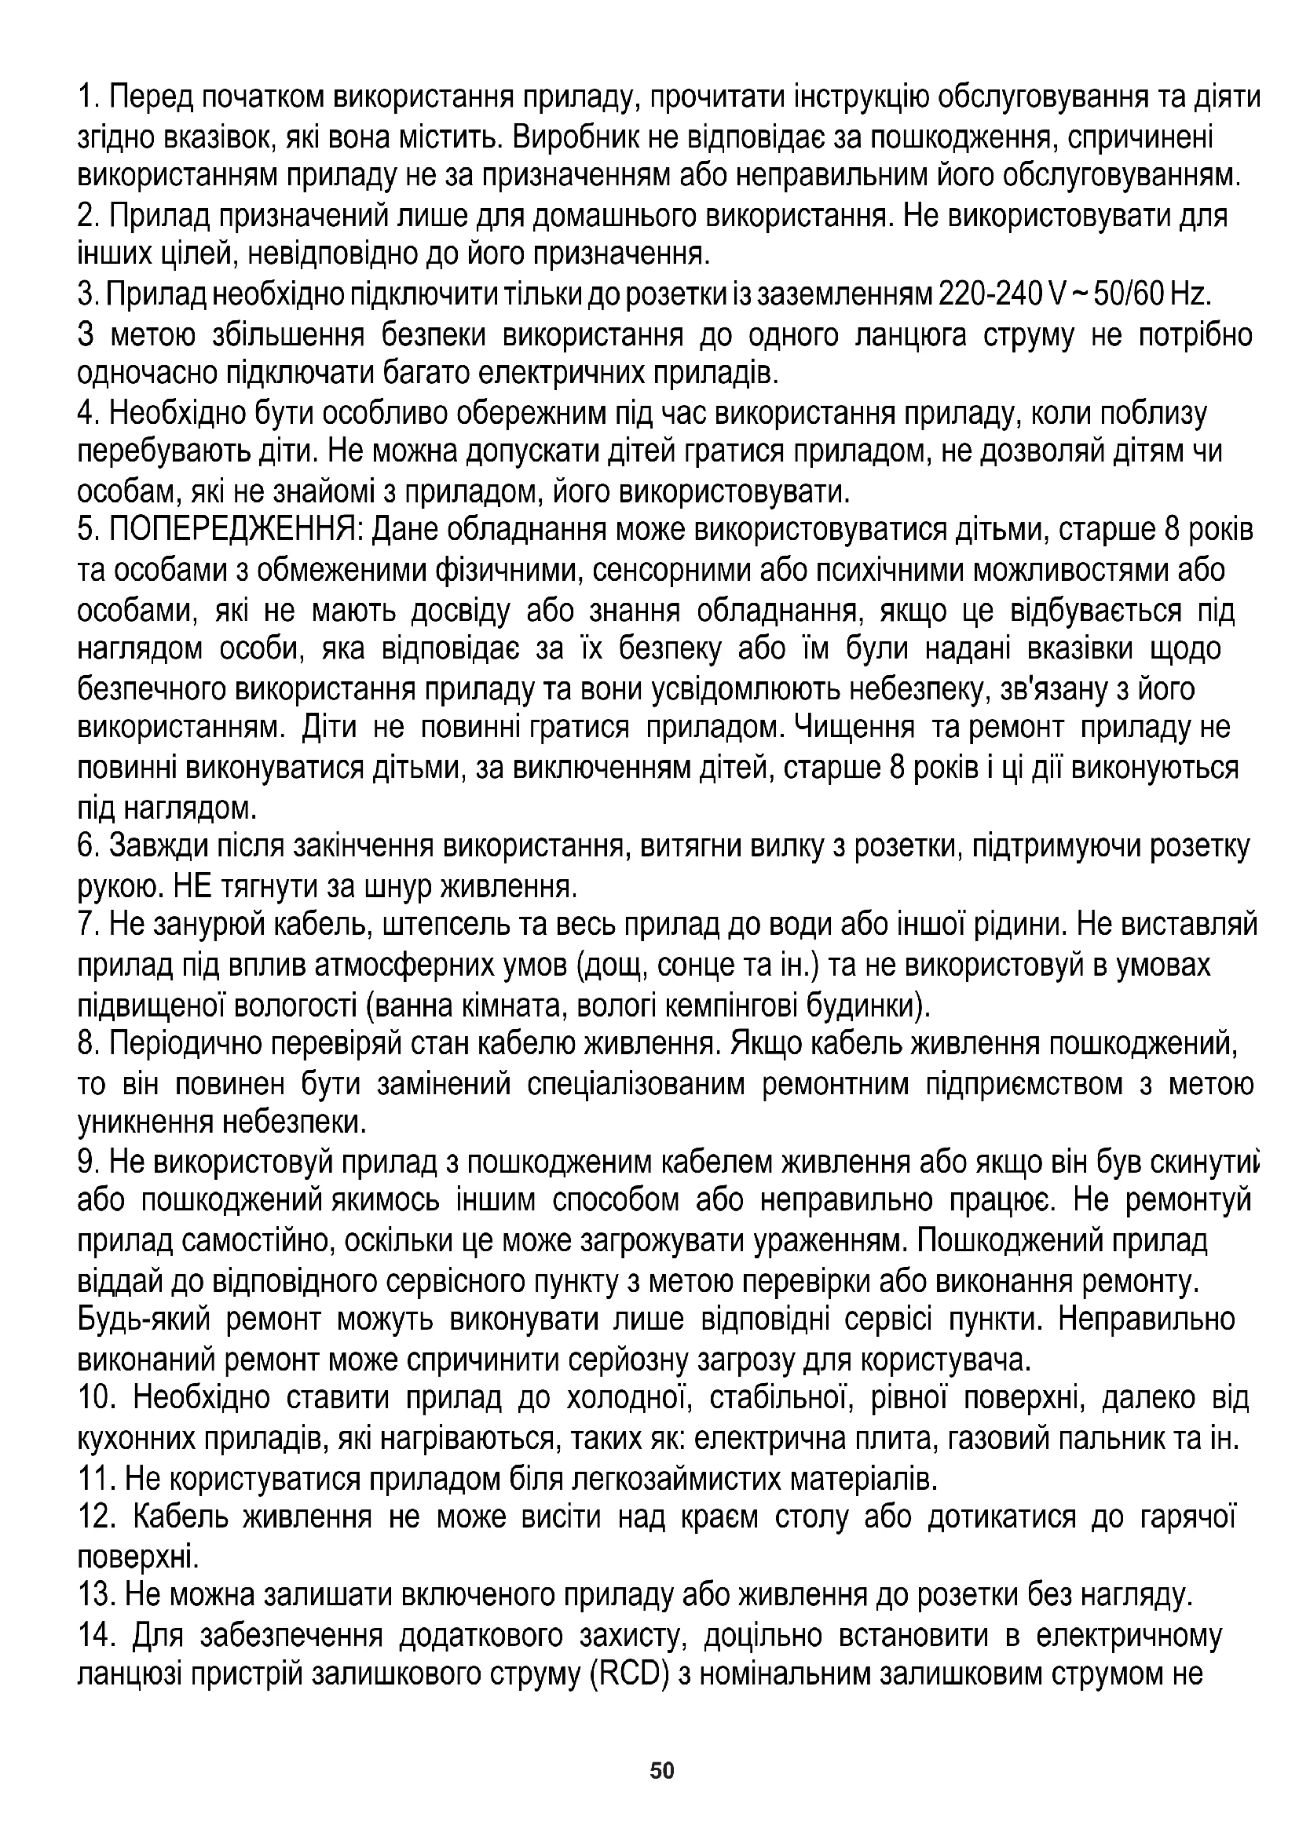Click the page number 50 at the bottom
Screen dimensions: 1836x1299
click(x=662, y=1771)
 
